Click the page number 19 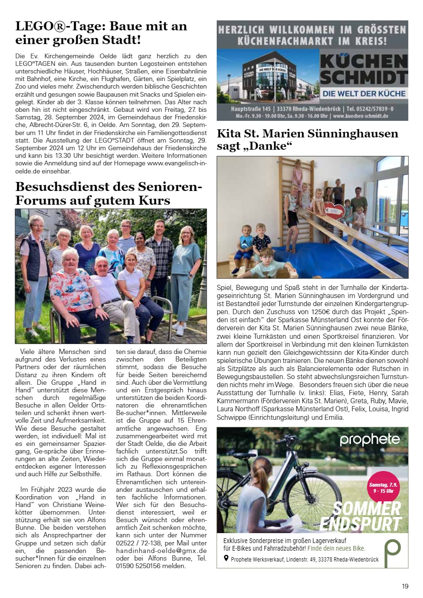pyautogui.click(x=405, y=586)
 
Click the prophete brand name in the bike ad pyautogui.click(x=369, y=440)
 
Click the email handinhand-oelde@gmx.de pyautogui.click(x=161, y=551)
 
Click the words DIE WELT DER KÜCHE pyautogui.click(x=364, y=94)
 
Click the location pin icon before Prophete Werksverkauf pyautogui.click(x=226, y=558)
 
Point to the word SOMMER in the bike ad pyautogui.click(x=366, y=508)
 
